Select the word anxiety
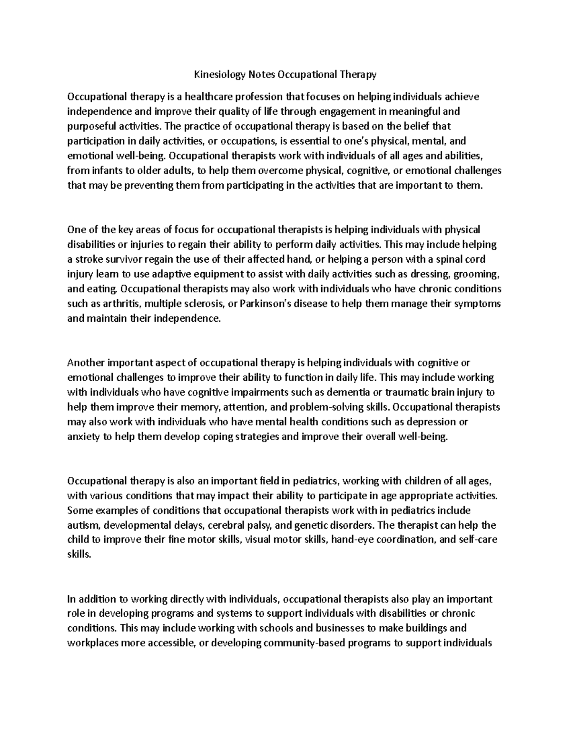coord(83,437)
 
